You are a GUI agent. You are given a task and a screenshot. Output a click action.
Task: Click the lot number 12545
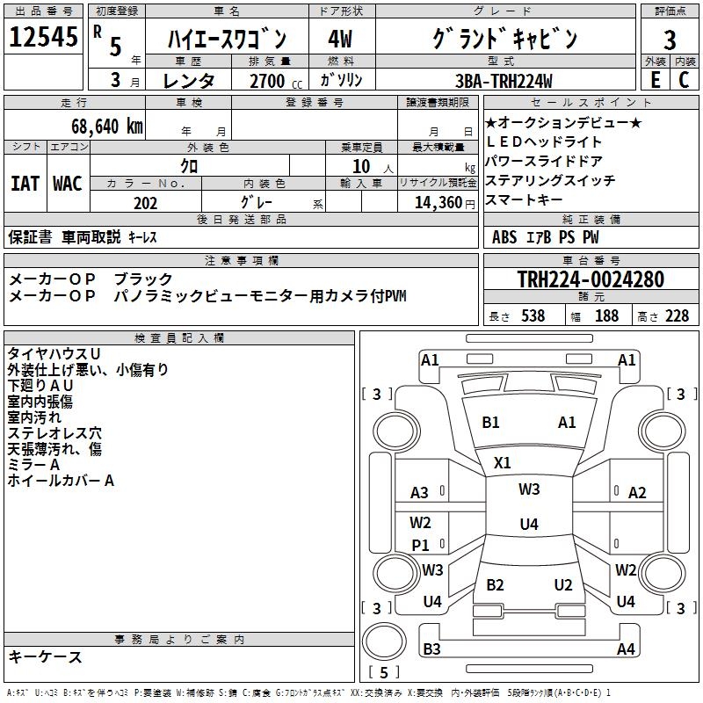[43, 38]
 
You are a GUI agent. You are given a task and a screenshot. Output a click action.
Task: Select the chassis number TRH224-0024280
[590, 279]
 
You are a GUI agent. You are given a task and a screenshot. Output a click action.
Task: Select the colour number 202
[145, 203]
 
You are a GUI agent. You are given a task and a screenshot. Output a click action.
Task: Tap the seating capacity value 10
[361, 165]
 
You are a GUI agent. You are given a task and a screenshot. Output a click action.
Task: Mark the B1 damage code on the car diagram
[490, 423]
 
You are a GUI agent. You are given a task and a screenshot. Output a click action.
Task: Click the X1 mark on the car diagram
[503, 462]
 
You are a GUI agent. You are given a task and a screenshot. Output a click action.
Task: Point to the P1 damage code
[421, 545]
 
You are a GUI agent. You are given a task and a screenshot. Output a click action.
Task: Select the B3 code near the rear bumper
[431, 649]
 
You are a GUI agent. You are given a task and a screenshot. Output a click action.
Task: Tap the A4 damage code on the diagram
[626, 649]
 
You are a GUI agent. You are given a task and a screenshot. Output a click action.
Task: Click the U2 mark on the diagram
[563, 584]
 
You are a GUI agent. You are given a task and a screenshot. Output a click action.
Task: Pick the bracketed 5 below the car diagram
[383, 673]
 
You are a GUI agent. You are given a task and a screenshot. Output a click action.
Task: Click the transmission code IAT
[25, 184]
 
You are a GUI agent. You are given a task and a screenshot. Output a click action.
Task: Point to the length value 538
[533, 316]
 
